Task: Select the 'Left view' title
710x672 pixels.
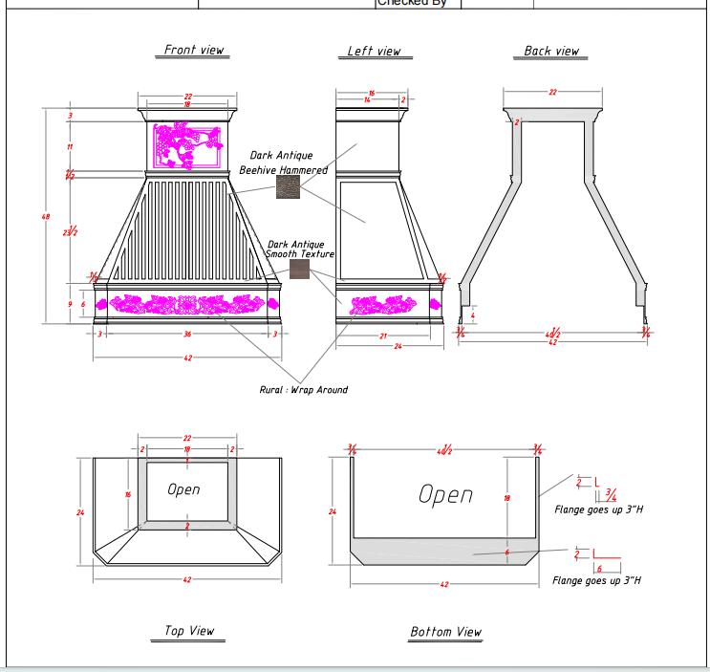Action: coord(374,51)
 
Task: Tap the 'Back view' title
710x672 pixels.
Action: coord(551,51)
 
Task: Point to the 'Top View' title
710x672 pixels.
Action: coord(189,631)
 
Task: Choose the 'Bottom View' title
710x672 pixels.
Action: coord(445,632)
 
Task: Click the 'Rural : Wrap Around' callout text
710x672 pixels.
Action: coord(304,390)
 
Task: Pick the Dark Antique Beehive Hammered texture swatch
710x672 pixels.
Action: coord(288,187)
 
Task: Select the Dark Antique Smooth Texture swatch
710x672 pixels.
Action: coord(300,271)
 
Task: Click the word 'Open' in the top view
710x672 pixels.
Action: coord(183,489)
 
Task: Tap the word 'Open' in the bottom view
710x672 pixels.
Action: coord(445,494)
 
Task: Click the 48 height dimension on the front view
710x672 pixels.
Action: coord(46,217)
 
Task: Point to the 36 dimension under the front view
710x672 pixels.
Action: coord(187,334)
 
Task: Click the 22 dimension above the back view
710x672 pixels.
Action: coord(552,92)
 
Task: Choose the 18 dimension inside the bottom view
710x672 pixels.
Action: coord(506,498)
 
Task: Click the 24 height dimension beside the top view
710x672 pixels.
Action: coord(80,512)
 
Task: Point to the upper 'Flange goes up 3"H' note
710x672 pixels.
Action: coord(598,509)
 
